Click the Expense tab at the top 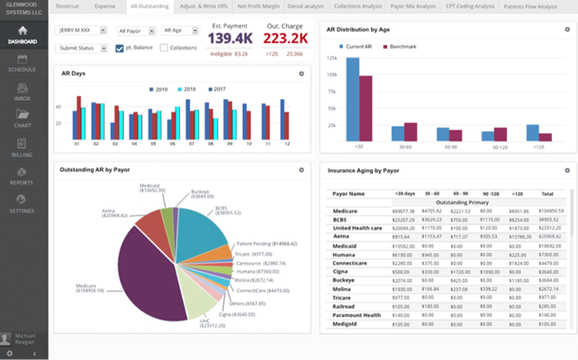(104, 5)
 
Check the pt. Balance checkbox (121, 48)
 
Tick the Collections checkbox (164, 48)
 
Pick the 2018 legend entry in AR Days (187, 90)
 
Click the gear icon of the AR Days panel (302, 73)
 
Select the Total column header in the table (547, 193)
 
